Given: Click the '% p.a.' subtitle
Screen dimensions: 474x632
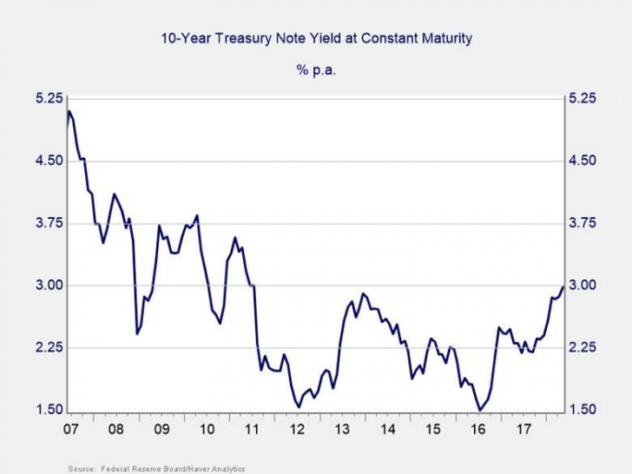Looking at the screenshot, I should pyautogui.click(x=316, y=69).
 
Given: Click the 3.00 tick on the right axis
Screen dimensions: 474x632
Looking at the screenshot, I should pyautogui.click(x=583, y=286).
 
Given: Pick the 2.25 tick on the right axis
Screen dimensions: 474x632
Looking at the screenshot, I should pyautogui.click(x=583, y=348).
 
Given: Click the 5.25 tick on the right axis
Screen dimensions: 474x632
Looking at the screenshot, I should pyautogui.click(x=583, y=98).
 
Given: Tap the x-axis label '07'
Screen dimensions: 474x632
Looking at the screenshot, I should pyautogui.click(x=68, y=429).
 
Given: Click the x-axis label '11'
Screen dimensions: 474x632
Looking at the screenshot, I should pyautogui.click(x=251, y=429).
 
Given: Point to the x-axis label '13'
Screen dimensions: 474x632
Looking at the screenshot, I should pyautogui.click(x=341, y=429).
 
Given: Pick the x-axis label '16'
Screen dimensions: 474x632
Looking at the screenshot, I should pyautogui.click(x=477, y=429).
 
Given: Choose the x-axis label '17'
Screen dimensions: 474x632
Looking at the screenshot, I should pyautogui.click(x=523, y=429).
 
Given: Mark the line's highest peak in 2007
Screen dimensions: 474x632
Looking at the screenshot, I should pyautogui.click(x=69, y=111).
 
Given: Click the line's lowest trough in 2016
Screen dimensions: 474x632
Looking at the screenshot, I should pyautogui.click(x=479, y=410).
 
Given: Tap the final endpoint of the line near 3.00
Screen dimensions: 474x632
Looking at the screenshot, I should pyautogui.click(x=563, y=286).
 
